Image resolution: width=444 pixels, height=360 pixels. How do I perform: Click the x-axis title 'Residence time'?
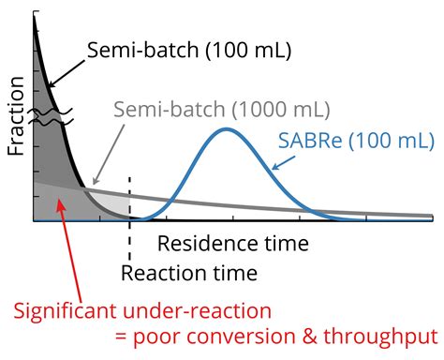pyautogui.click(x=232, y=245)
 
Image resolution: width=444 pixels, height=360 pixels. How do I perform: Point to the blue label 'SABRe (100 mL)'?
pyautogui.click(x=356, y=141)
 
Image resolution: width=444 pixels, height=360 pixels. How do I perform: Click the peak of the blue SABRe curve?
pyautogui.click(x=226, y=127)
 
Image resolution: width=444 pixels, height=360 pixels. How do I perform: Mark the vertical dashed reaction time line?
pyautogui.click(x=129, y=197)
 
